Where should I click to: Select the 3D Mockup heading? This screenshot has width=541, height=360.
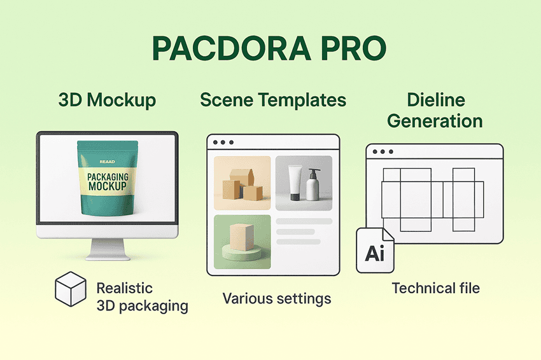[x=107, y=100]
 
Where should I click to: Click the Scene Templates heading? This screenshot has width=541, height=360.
[x=273, y=100]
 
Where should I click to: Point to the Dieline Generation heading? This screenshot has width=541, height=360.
[x=435, y=110]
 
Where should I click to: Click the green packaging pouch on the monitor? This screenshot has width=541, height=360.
[x=106, y=178]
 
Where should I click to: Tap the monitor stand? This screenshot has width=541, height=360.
[x=106, y=249]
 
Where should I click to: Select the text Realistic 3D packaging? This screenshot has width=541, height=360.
[x=142, y=297]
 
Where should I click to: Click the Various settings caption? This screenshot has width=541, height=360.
[x=277, y=298]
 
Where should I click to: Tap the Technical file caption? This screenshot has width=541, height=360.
[x=435, y=288]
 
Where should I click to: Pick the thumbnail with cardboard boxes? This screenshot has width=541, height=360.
[x=242, y=183]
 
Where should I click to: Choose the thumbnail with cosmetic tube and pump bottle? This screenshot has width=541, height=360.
[x=304, y=183]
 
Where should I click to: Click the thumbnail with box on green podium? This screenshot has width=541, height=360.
[x=242, y=241]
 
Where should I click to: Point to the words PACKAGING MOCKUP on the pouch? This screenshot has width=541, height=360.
[x=107, y=181]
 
